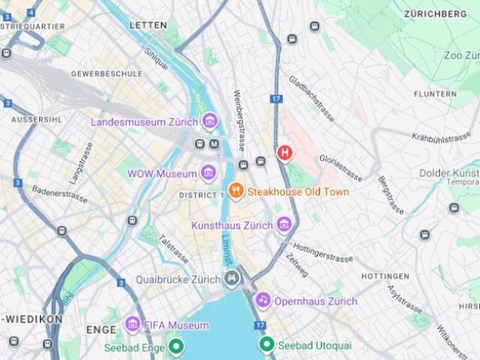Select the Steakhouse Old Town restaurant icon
[x=235, y=191]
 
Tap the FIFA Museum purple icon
[x=133, y=325]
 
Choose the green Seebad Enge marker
[x=175, y=346]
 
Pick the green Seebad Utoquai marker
[x=267, y=345]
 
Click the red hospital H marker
[x=285, y=153]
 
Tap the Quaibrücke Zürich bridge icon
[x=232, y=279]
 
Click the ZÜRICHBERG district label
[x=435, y=13]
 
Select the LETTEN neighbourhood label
[x=148, y=25]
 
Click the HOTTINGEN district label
[x=385, y=276]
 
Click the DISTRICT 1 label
[x=201, y=195]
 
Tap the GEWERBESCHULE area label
[x=106, y=73]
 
